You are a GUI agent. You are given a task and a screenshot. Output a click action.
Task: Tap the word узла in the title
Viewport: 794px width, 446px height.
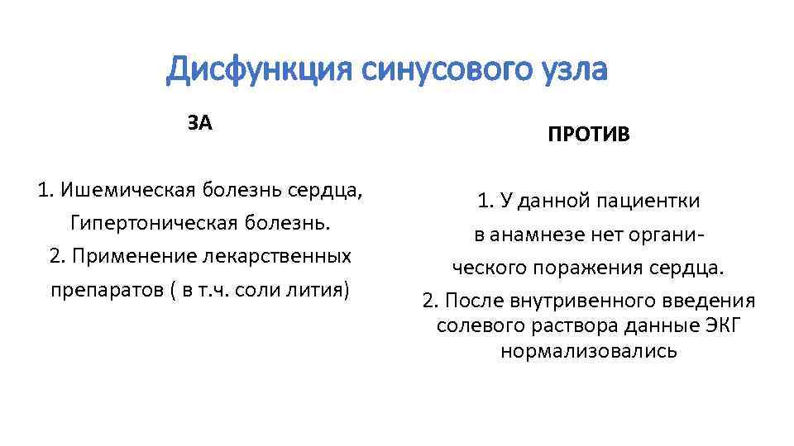coord(572,70)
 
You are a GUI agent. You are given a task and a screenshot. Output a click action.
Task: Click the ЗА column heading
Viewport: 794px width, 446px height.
coord(199,124)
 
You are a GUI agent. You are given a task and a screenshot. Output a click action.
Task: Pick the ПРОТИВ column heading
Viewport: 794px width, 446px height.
coord(588,135)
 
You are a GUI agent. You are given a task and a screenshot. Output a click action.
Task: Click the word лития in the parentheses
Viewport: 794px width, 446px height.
coord(322,291)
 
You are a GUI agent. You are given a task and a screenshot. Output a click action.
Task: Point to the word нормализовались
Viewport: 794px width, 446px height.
coord(588,350)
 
